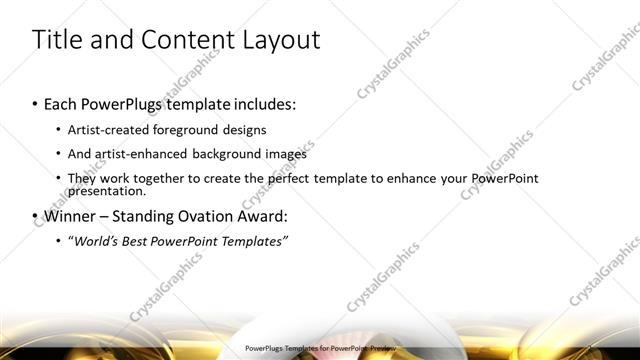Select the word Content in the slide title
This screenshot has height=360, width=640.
tap(181, 40)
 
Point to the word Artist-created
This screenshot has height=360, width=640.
tap(104, 130)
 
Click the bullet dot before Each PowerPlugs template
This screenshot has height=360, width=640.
tap(35, 103)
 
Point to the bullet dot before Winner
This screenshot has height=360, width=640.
tap(35, 215)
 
